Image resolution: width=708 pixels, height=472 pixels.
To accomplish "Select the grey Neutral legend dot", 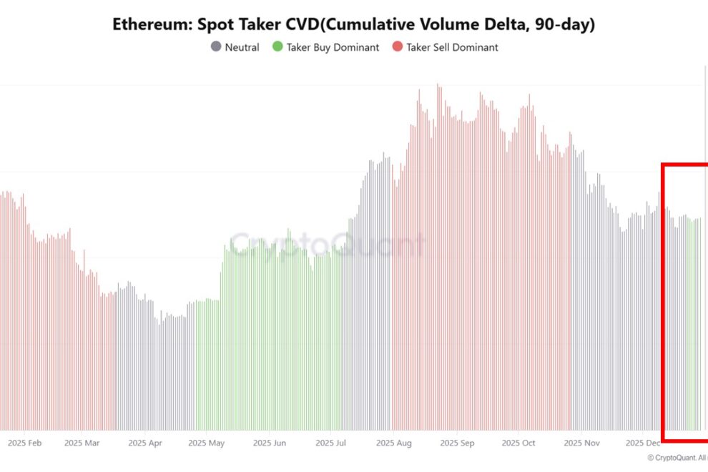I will coord(215,47).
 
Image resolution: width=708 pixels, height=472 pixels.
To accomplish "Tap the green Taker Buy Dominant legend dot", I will coord(277,47).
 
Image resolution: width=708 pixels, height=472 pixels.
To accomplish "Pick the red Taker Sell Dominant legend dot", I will coord(397,47).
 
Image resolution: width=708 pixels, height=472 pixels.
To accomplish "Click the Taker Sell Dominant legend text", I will coord(452,47).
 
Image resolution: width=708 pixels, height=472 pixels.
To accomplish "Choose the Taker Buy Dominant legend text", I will coord(333,47).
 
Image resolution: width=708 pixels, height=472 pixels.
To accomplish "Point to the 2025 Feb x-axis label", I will coord(24,443).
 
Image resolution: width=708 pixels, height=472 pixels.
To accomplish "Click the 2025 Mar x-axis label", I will coord(82,443).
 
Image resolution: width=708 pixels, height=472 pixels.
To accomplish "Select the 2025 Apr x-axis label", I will coord(145,443).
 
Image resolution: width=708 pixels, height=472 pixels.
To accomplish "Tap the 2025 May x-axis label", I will coord(207,443).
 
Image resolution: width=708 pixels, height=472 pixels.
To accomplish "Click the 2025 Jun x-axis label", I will coord(270,443).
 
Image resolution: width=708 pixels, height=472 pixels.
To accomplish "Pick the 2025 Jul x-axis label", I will coord(331,443).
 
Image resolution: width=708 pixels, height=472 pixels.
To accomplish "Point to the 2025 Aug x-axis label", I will coord(394,443).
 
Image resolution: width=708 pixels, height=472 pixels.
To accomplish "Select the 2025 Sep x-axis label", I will coord(458,443).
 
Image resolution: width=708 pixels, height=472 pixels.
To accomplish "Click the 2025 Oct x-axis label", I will coord(518,443).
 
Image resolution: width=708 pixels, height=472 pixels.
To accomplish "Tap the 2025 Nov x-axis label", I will coord(581,443).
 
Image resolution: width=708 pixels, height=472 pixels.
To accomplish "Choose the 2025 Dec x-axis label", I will coord(643,443).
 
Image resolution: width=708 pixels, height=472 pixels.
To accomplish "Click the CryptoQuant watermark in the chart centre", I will coord(328,245).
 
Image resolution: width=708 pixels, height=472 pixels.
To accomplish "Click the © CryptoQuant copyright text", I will coord(677,457).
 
